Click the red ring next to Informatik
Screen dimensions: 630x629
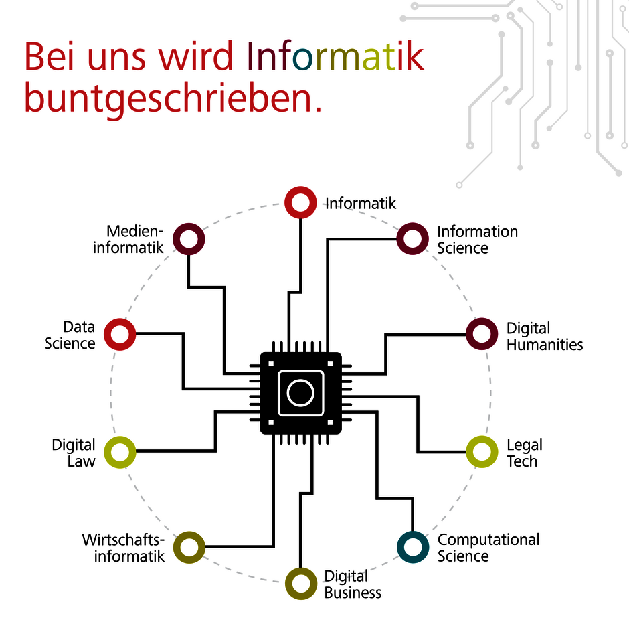[300, 202]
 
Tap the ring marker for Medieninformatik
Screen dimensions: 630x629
[189, 239]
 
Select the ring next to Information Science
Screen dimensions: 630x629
[412, 239]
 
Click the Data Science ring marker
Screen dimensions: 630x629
[120, 333]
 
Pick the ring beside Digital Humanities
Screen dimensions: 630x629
[481, 334]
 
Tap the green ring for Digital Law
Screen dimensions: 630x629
[120, 452]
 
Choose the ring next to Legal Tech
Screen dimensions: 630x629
[481, 451]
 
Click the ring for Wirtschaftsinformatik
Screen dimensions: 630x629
[189, 547]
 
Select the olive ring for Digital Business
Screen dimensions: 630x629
[300, 583]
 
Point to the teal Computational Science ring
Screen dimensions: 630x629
[412, 547]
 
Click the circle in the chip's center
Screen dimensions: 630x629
[300, 393]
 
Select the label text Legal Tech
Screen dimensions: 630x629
[524, 453]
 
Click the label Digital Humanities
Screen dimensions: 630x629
[544, 336]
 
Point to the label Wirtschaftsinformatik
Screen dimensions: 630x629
[123, 548]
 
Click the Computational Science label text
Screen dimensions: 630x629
[488, 548]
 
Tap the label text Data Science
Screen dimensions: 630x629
[70, 335]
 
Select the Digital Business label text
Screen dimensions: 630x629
[353, 584]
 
